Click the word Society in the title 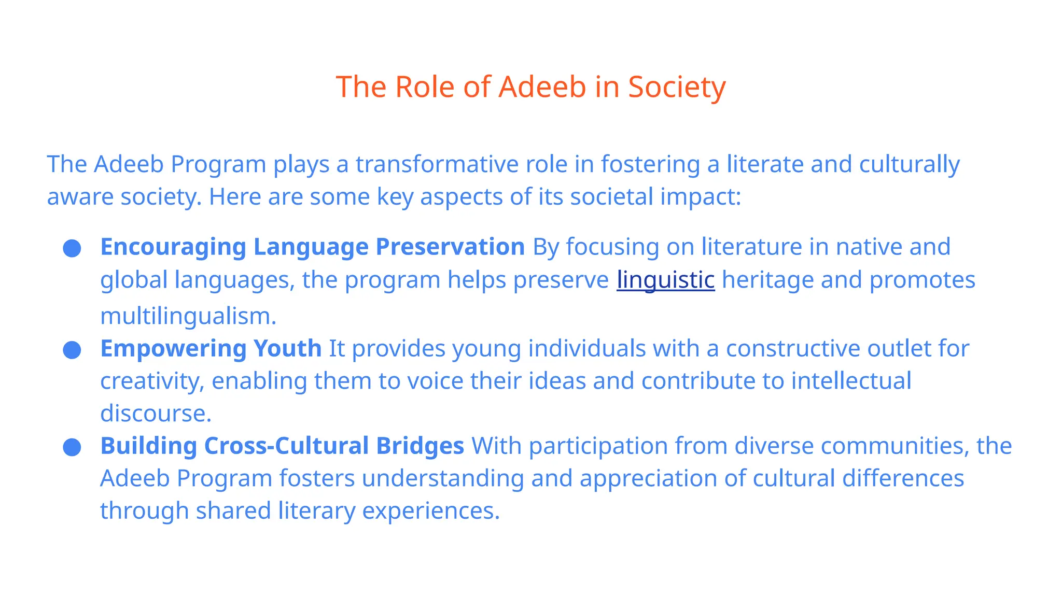click(677, 87)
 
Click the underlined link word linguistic click(665, 280)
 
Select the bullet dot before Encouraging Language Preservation click(72, 248)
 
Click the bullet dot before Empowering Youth click(72, 350)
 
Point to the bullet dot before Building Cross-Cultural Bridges click(72, 447)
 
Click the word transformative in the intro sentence click(437, 165)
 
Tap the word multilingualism click(188, 316)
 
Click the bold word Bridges click(420, 446)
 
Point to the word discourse click(156, 414)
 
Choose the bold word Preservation click(450, 247)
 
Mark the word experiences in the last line click(430, 511)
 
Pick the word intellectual click(851, 381)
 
